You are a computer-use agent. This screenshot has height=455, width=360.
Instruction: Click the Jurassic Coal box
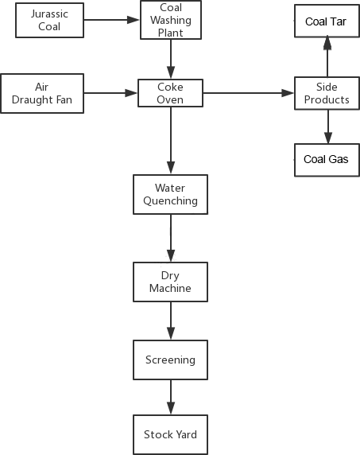pyautogui.click(x=49, y=21)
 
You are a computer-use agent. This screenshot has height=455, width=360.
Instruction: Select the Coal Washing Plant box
pyautogui.click(x=171, y=20)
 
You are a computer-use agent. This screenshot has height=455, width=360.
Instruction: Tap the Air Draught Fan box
pyautogui.click(x=42, y=93)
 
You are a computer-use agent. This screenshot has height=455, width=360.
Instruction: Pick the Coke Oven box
pyautogui.click(x=170, y=93)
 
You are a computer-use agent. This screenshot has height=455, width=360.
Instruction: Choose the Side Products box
pyautogui.click(x=327, y=93)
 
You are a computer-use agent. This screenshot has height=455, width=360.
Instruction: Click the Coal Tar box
pyautogui.click(x=327, y=21)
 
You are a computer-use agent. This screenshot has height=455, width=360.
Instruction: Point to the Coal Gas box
pyautogui.click(x=327, y=160)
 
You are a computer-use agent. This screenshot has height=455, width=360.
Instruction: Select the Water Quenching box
pyautogui.click(x=170, y=194)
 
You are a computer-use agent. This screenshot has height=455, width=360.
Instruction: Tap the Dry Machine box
pyautogui.click(x=170, y=282)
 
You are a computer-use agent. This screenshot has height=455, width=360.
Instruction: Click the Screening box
pyautogui.click(x=170, y=360)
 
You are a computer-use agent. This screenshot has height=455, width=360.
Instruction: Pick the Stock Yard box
pyautogui.click(x=170, y=434)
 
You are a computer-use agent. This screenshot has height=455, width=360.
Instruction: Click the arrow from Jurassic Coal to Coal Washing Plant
pyautogui.click(x=111, y=20)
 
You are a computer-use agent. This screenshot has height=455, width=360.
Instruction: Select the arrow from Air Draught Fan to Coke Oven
pyautogui.click(x=110, y=93)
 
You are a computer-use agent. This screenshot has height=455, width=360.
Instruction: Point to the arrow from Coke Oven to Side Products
pyautogui.click(x=249, y=93)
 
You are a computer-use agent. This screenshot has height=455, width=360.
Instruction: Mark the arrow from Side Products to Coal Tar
pyautogui.click(x=327, y=57)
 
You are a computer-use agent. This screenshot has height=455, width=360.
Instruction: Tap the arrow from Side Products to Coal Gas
pyautogui.click(x=328, y=126)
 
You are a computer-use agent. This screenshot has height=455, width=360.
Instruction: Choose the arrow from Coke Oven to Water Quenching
pyautogui.click(x=171, y=141)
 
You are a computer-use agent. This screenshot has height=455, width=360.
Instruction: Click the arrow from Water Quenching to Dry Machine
pyautogui.click(x=171, y=238)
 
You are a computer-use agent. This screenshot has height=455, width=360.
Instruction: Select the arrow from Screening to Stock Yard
pyautogui.click(x=171, y=397)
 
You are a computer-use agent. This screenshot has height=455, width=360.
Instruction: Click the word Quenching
pyautogui.click(x=170, y=200)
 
